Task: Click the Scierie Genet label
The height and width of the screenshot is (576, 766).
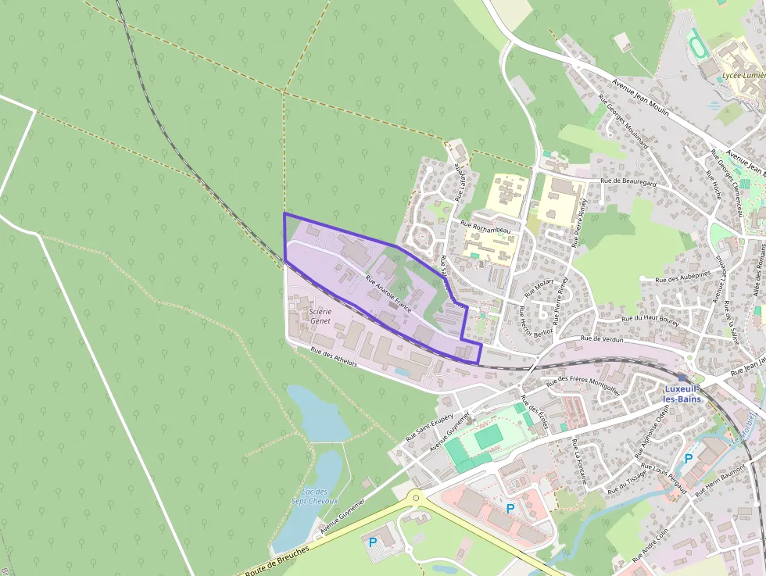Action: [x=320, y=316]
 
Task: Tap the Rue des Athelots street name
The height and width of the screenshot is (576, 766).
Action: [x=334, y=358]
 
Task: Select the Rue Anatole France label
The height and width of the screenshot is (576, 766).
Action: [x=388, y=295]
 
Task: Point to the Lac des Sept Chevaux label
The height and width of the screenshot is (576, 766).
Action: [x=314, y=496]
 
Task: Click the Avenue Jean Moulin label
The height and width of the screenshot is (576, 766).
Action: [x=640, y=98]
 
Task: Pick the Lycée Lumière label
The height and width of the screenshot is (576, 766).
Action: [x=743, y=75]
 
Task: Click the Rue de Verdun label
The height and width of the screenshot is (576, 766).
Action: [x=602, y=340]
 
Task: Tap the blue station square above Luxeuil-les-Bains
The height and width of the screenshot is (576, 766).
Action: [x=682, y=377]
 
